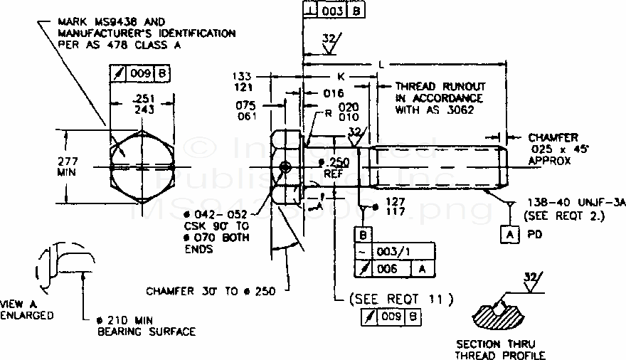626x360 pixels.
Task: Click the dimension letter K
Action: click(x=341, y=75)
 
